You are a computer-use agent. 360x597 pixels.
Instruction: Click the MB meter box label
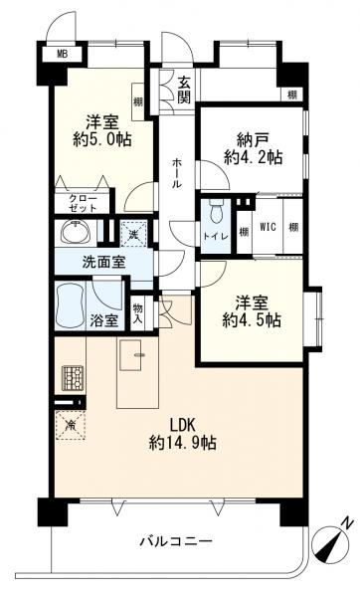[62, 54]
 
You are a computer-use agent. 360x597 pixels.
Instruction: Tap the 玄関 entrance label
[184, 91]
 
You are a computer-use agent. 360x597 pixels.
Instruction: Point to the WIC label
[268, 227]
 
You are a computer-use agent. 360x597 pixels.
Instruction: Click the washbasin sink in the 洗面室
[77, 232]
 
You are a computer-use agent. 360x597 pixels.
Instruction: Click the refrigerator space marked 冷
[71, 425]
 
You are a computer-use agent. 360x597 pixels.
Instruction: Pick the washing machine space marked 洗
[133, 234]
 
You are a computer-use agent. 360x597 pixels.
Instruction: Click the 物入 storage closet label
[138, 313]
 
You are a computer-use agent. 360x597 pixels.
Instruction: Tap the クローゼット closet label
[83, 203]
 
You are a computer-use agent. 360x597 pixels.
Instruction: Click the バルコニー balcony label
[174, 540]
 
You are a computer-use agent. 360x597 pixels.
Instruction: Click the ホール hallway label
[177, 173]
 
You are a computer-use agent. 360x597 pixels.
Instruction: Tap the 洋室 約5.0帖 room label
[102, 130]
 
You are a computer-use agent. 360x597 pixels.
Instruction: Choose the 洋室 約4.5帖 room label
[252, 311]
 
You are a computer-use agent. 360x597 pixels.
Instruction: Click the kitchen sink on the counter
[131, 355]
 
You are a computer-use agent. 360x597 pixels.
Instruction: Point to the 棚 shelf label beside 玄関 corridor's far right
[292, 95]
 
